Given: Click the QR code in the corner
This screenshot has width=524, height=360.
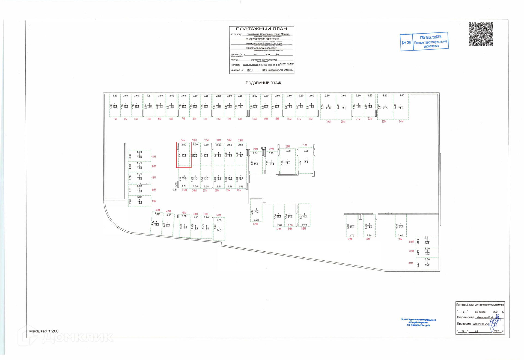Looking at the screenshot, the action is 481,34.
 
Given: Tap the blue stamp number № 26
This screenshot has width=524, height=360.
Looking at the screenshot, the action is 406,43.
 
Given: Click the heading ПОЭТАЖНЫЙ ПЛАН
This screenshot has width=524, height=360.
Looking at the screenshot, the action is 261,29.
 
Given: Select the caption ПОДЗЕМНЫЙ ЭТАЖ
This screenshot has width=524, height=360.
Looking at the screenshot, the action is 263,83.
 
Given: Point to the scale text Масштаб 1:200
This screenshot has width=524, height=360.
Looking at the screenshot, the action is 44,331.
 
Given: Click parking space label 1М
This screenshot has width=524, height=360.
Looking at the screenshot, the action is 115,119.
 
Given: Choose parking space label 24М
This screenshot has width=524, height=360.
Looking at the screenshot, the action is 401,121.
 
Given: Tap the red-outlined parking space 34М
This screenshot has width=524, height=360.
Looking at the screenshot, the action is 184,155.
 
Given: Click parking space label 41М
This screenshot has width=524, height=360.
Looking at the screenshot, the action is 153,157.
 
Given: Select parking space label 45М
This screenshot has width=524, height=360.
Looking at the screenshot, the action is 154,201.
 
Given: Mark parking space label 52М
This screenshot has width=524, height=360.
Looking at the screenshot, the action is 255,224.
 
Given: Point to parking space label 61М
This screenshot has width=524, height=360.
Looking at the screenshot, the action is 410,263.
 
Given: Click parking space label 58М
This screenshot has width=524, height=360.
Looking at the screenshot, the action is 400,239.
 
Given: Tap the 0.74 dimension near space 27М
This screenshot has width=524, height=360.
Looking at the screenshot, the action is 263,148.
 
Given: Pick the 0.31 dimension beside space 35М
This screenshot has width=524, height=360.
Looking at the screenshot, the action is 175,190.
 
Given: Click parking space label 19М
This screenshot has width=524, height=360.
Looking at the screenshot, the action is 328,122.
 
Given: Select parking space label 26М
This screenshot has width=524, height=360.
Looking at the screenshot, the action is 287,147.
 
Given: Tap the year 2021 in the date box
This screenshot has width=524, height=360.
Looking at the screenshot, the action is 496,312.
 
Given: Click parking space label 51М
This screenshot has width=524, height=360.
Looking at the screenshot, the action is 218,215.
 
